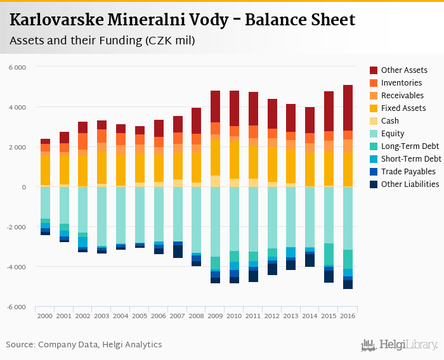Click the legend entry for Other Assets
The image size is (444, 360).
[404, 70]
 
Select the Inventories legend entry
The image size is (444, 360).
[402, 83]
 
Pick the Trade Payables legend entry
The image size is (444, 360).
[408, 172]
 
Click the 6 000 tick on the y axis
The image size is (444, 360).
[17, 67]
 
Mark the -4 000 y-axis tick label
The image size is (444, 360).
[16, 267]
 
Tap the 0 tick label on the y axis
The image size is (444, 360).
[23, 187]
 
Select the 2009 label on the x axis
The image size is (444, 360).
[215, 316]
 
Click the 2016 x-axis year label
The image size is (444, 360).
[348, 316]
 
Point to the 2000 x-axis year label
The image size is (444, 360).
[45, 316]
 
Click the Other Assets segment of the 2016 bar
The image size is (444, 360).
[348, 108]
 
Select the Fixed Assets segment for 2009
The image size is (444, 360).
[215, 158]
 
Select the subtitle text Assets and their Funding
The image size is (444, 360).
[76, 41]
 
